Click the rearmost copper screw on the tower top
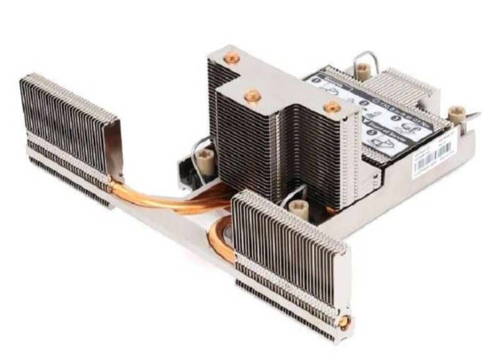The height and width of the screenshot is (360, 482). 231,57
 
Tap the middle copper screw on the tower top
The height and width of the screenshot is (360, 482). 252,96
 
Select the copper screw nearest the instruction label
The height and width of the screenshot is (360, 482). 332,107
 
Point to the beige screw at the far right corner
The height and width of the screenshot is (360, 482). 456,114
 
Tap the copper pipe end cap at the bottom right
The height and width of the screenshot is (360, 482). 344,321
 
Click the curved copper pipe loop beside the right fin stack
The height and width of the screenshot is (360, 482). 219,242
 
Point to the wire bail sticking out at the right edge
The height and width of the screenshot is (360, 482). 469,119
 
